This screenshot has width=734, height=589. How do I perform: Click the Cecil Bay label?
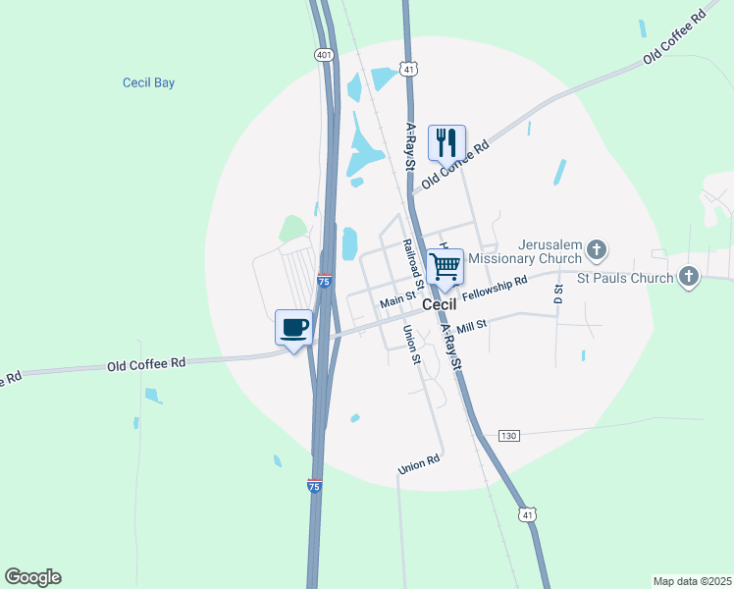coord(149,83)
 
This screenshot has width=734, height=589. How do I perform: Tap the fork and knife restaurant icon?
coord(446,142)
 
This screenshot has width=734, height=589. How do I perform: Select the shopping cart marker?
coord(445,266)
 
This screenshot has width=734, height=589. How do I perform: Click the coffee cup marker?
coord(294,326)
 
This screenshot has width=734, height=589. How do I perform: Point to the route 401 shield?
coord(324,55)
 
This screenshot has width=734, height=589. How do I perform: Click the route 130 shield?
coord(507,435)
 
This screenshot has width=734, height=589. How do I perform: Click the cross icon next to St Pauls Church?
coord(688,277)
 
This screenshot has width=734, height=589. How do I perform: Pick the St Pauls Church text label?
coord(625,278)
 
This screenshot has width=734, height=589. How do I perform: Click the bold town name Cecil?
coord(440,305)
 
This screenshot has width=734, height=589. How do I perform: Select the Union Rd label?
coord(419,465)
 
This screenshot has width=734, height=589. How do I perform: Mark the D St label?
coord(558,294)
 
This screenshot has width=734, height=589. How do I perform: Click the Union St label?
coord(411,347)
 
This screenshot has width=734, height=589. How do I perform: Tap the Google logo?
coord(32,577)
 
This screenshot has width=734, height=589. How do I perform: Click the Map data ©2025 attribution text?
coord(692,581)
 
